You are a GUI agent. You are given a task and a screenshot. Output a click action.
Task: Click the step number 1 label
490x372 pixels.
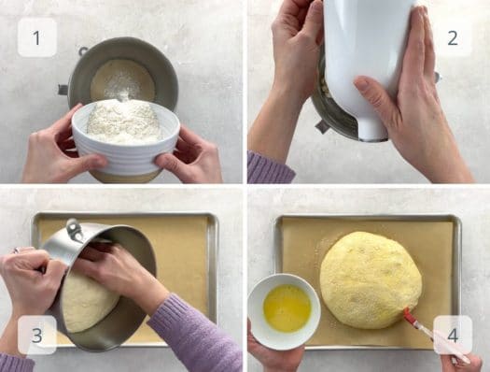(37, 38)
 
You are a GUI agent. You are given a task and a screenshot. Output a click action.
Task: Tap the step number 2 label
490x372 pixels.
(453, 38)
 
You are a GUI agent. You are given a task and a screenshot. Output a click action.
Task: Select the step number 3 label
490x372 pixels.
(37, 335)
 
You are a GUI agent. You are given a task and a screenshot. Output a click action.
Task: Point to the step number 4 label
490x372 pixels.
(453, 335)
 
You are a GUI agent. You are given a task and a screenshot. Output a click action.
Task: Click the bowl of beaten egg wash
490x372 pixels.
(285, 310)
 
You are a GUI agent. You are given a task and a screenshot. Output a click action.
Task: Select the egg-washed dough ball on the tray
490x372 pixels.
(371, 280)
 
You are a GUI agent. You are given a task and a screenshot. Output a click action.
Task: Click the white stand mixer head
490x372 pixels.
(366, 63)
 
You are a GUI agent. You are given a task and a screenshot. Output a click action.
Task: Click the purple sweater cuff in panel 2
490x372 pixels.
(270, 167)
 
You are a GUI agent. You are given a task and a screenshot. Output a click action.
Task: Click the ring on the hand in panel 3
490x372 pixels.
(17, 250)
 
